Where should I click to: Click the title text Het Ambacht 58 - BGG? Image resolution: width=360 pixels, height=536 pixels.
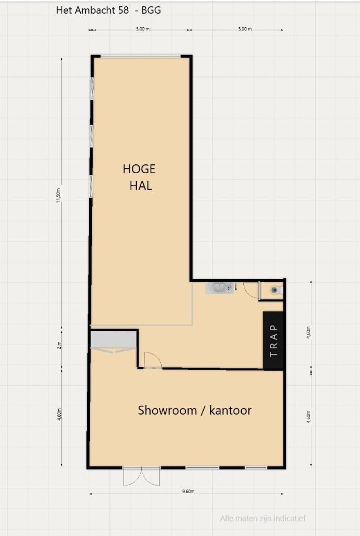108,10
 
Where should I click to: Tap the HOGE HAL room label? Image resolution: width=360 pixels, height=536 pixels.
139,177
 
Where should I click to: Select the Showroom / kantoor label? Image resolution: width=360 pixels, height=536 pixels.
195,410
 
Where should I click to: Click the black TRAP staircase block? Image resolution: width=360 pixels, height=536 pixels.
273,340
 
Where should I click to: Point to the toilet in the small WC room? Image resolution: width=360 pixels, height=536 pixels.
275,289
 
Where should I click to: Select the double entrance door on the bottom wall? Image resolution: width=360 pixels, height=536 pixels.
141,476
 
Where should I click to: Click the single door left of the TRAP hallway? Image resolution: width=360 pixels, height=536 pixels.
152,361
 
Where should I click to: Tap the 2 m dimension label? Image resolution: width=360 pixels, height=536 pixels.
59,344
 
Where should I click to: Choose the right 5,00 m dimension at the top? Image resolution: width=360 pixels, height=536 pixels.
244,29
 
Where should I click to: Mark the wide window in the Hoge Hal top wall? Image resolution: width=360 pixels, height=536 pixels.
141,56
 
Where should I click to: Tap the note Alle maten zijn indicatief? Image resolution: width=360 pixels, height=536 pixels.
263,519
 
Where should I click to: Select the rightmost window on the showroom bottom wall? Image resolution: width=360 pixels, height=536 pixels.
256,467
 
